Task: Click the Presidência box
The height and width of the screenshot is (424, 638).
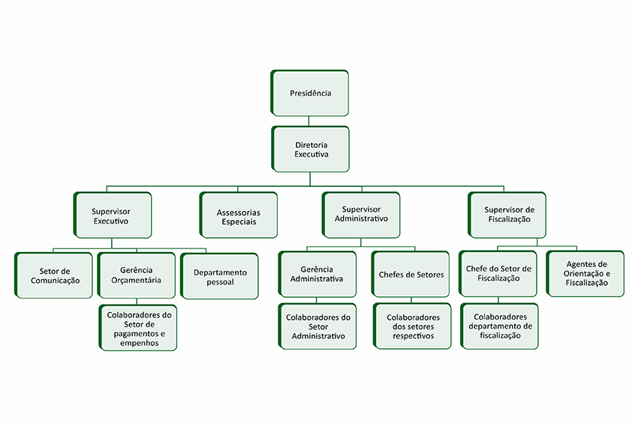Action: tap(310, 94)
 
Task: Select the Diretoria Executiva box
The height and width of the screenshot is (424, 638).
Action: tap(311, 149)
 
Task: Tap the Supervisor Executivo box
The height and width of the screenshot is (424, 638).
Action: tap(113, 216)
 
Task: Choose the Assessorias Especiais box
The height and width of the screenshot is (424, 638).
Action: tap(238, 216)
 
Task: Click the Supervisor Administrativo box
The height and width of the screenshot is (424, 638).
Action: tap(361, 215)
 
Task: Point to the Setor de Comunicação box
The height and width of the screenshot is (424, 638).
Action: tap(54, 275)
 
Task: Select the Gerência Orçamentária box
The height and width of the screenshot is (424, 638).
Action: tap(136, 275)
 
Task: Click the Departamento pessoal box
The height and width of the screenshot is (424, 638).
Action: tap(219, 277)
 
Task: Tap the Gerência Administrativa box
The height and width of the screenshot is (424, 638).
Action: tap(317, 274)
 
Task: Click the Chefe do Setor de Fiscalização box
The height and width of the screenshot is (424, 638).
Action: tap(498, 274)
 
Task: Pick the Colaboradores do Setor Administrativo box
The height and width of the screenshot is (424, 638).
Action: tap(317, 327)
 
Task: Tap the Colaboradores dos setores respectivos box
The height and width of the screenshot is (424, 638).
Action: tap(413, 327)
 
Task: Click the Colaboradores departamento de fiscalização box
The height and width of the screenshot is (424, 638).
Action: tap(499, 327)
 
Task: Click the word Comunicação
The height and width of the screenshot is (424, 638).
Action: tap(55, 281)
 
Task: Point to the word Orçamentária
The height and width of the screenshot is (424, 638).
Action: tap(136, 281)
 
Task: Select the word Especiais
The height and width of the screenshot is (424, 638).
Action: tap(239, 222)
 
